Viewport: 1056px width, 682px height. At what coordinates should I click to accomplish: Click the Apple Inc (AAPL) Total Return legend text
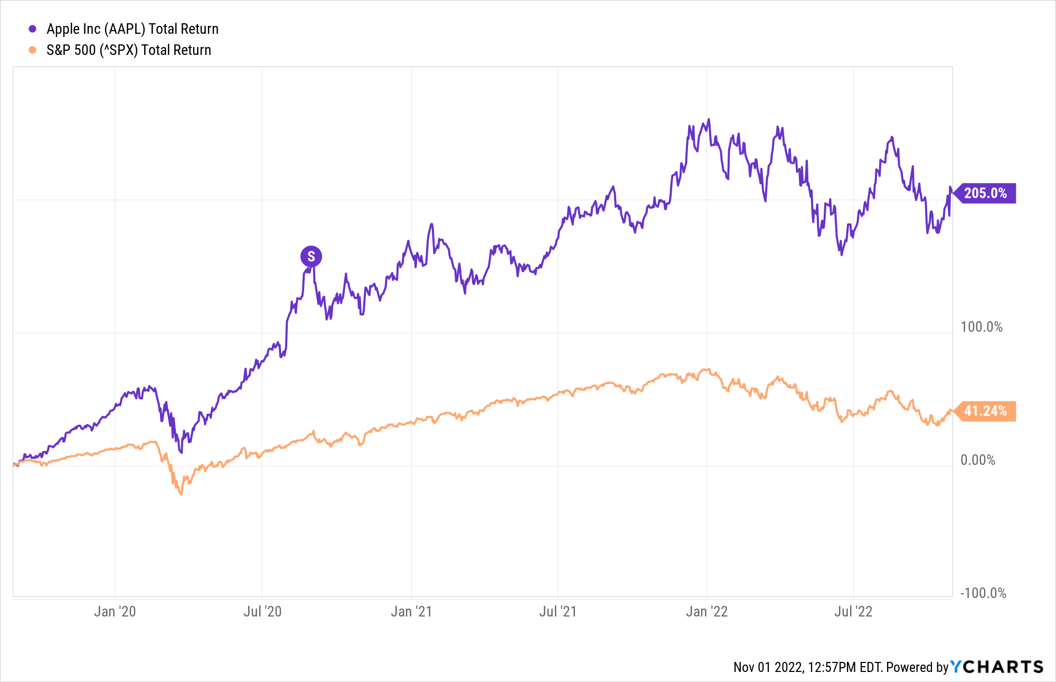[132, 29]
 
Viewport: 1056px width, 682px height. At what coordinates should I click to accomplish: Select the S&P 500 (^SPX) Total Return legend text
[128, 50]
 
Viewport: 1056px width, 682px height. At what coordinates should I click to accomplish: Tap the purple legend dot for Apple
[33, 29]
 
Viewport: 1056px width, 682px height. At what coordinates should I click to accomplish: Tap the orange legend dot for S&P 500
[33, 50]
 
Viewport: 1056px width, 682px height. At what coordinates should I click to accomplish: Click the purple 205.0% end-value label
[985, 193]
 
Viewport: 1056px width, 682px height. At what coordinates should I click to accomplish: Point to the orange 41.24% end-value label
[985, 411]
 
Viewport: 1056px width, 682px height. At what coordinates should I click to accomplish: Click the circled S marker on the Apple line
[311, 257]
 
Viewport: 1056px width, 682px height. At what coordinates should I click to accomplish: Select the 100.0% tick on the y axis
[981, 327]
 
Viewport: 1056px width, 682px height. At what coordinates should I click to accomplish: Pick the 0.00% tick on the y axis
[977, 460]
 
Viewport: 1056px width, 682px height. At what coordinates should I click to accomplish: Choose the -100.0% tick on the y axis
[983, 593]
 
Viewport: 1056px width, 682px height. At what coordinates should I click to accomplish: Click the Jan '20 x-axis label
[115, 612]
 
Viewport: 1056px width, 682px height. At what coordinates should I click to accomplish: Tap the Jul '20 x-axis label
[262, 612]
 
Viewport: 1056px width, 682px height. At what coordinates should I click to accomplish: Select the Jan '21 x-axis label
[411, 612]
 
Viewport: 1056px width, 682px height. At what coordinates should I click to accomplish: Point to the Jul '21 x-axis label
[558, 612]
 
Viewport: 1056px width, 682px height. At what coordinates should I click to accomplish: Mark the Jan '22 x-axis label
[706, 612]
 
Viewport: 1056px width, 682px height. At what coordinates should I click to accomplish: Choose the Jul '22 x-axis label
[853, 612]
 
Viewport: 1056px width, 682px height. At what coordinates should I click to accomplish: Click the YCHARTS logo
[997, 667]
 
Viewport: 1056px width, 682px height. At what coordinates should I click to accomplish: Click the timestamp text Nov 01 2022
[768, 668]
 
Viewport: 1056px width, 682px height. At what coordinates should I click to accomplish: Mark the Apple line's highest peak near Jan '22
[709, 119]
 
